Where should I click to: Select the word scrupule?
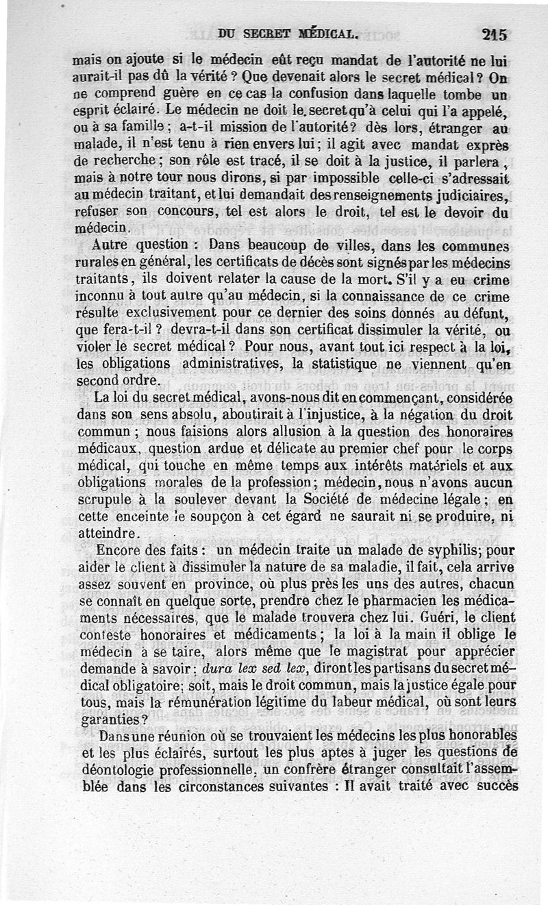[x=103, y=501]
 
